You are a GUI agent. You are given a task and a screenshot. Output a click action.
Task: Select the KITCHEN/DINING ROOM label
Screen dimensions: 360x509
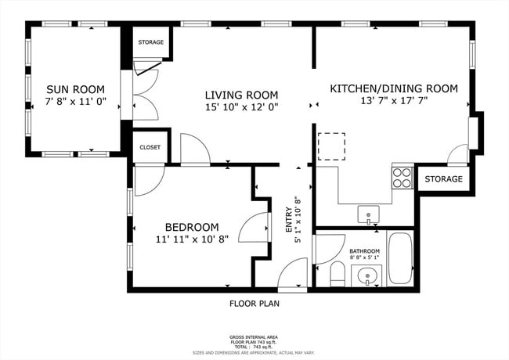(x=393, y=88)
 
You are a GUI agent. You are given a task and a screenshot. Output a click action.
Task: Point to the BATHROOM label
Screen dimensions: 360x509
(x=365, y=252)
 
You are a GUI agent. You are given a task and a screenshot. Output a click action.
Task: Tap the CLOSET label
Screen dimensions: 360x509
(x=150, y=147)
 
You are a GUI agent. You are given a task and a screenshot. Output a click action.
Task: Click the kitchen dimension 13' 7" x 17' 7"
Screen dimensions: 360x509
(x=393, y=102)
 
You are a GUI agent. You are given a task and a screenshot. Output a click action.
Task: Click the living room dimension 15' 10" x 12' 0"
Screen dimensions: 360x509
(x=242, y=106)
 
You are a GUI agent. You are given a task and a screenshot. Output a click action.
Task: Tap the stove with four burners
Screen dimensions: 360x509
(x=403, y=178)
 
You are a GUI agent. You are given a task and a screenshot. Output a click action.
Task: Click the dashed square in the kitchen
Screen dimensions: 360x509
(x=332, y=146)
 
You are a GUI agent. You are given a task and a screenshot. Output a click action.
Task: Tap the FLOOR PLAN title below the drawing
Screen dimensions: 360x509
(x=254, y=304)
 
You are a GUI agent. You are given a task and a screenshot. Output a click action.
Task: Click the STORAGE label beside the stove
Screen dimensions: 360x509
(x=444, y=179)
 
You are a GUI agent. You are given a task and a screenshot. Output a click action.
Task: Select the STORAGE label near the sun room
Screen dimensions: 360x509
(x=150, y=42)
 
